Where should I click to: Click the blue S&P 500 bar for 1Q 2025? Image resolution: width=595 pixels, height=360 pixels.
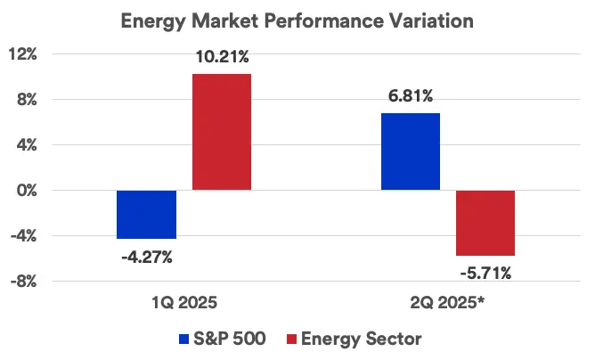[146, 215]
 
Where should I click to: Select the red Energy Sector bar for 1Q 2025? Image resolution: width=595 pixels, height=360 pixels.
[221, 132]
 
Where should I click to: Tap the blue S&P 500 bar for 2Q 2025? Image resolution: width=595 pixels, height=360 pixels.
[410, 151]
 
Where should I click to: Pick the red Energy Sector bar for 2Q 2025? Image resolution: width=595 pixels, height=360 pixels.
[485, 223]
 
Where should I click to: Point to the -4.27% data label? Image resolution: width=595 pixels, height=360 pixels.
[147, 257]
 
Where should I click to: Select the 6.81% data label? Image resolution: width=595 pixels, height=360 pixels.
[411, 97]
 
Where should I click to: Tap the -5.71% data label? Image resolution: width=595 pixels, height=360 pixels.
[485, 274]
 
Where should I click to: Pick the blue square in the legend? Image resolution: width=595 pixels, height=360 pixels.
[185, 339]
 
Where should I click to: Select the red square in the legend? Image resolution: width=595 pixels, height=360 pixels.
[290, 339]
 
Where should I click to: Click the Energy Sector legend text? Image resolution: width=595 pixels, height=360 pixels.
[361, 339]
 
